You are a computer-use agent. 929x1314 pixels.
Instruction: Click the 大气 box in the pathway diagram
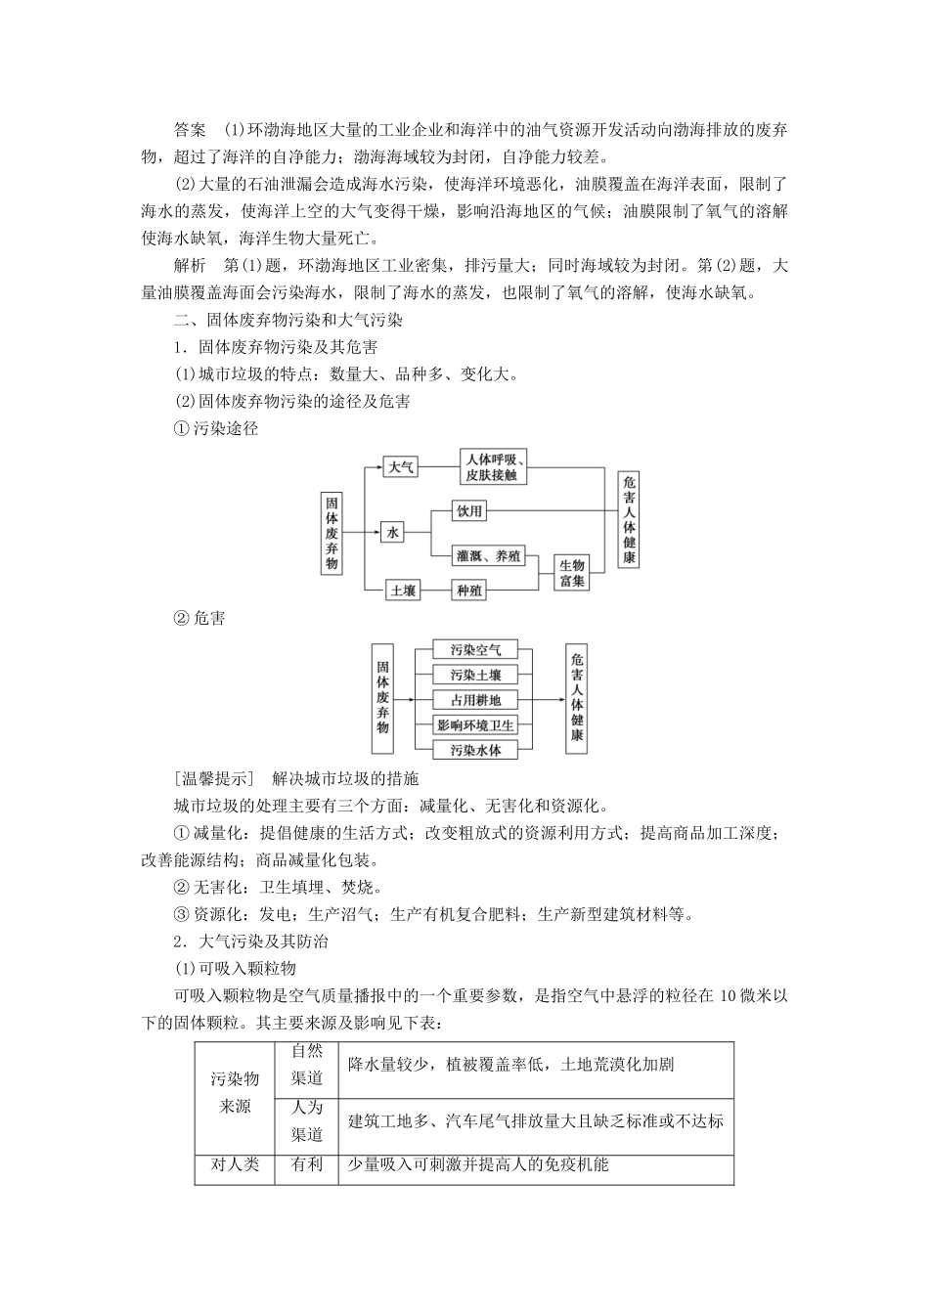click(x=400, y=467)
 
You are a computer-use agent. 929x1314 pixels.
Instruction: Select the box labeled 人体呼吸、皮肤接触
click(x=494, y=467)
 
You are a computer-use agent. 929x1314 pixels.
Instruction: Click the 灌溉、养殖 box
click(x=489, y=555)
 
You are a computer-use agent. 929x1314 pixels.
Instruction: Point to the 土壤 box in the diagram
click(x=403, y=591)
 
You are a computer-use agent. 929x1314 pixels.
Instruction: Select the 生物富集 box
click(x=572, y=573)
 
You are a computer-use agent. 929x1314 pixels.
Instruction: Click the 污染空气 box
click(x=475, y=650)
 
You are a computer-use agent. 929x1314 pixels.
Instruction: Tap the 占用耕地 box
click(x=475, y=700)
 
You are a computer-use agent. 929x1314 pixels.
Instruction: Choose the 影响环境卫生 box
click(x=475, y=725)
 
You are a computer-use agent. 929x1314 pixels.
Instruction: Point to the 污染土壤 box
click(x=475, y=676)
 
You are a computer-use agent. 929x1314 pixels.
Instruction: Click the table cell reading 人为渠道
click(x=307, y=1121)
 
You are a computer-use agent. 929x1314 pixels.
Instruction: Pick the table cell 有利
click(x=307, y=1165)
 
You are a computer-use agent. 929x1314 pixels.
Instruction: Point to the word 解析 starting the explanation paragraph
click(x=189, y=266)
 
